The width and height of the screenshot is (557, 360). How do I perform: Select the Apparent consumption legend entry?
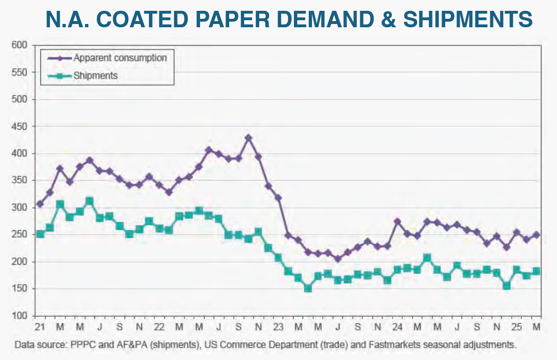(119, 58)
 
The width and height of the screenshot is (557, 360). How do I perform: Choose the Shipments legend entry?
(95, 75)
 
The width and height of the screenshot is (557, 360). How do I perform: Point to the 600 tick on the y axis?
(22, 45)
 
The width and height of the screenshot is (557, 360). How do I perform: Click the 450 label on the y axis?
(22, 126)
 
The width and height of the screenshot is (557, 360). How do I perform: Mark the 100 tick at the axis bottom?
(22, 315)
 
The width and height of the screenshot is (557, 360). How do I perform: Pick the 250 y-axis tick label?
(22, 235)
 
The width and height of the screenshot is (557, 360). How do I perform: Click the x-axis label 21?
(39, 325)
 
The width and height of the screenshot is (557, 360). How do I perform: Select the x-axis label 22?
(159, 325)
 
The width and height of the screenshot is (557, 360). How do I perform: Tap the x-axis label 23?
(278, 325)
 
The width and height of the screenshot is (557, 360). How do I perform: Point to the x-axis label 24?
(397, 325)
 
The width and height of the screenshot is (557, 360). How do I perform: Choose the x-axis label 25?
(516, 325)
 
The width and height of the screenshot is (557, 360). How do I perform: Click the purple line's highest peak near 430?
(248, 138)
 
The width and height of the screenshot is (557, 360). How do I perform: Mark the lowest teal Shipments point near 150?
(308, 288)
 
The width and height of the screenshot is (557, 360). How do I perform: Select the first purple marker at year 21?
(40, 204)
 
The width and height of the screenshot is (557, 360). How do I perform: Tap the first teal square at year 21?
(40, 234)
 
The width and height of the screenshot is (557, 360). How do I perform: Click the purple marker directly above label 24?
(397, 221)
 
